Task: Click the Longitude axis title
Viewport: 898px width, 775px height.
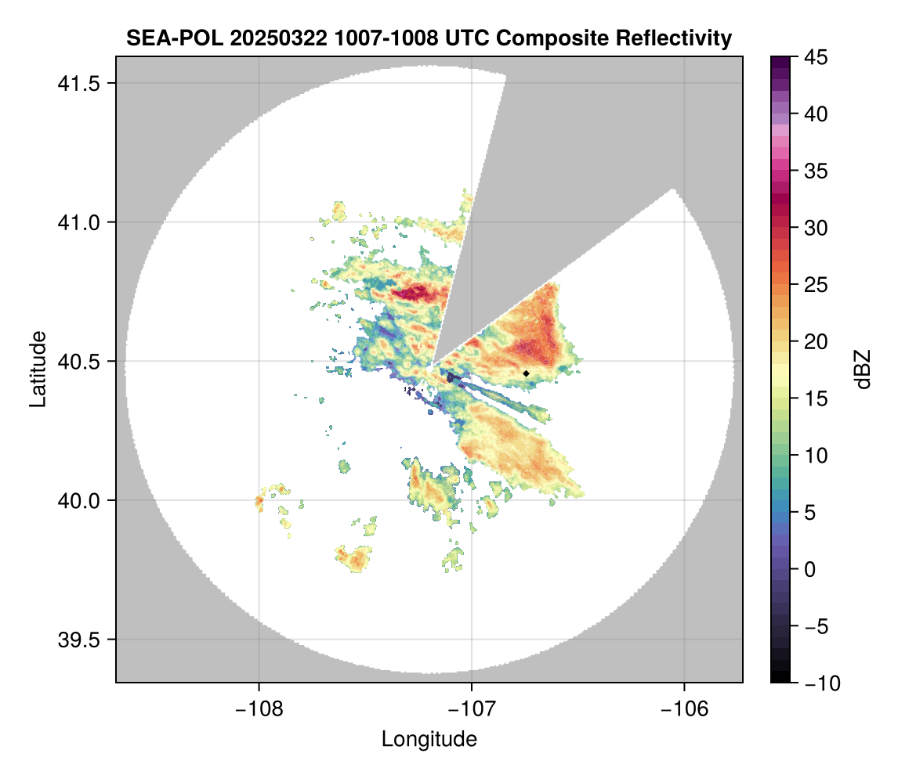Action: pos(429,739)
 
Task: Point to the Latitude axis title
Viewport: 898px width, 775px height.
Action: pos(38,369)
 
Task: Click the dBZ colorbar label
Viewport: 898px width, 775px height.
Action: pos(863,369)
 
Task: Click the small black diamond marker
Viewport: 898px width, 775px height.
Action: pos(526,373)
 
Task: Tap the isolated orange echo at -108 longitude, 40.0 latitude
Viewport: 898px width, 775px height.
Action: pos(259,501)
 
